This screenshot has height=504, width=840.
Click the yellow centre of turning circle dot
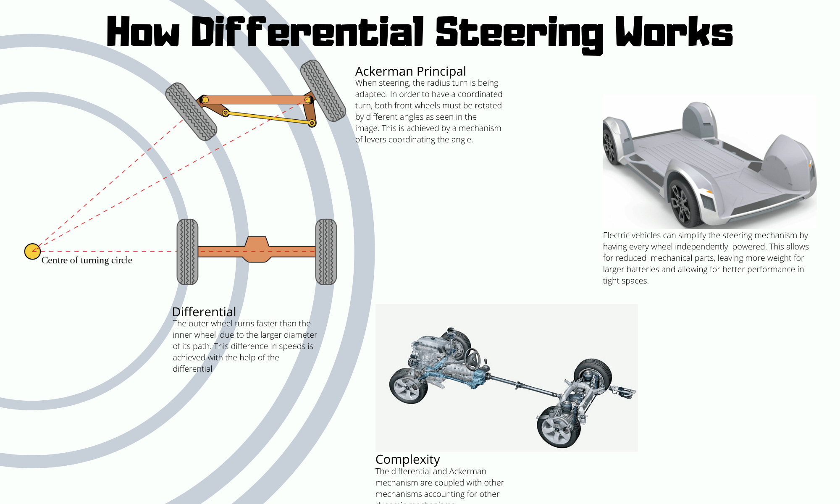(32, 252)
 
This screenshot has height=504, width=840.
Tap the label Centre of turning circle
(87, 260)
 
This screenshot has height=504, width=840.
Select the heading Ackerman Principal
(410, 71)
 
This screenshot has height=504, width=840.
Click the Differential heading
(204, 312)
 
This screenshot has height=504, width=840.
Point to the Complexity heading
(407, 459)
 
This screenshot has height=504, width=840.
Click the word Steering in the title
(520, 33)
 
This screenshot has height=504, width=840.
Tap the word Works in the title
(674, 32)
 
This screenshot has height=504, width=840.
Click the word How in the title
(143, 32)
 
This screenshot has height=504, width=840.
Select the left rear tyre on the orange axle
(187, 252)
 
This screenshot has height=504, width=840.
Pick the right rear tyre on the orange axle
(326, 252)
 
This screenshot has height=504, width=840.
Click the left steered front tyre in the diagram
(191, 112)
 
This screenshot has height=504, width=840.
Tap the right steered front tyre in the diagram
(323, 90)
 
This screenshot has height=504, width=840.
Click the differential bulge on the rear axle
(257, 250)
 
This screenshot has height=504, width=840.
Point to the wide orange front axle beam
(256, 100)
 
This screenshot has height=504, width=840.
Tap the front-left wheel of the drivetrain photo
(408, 386)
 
